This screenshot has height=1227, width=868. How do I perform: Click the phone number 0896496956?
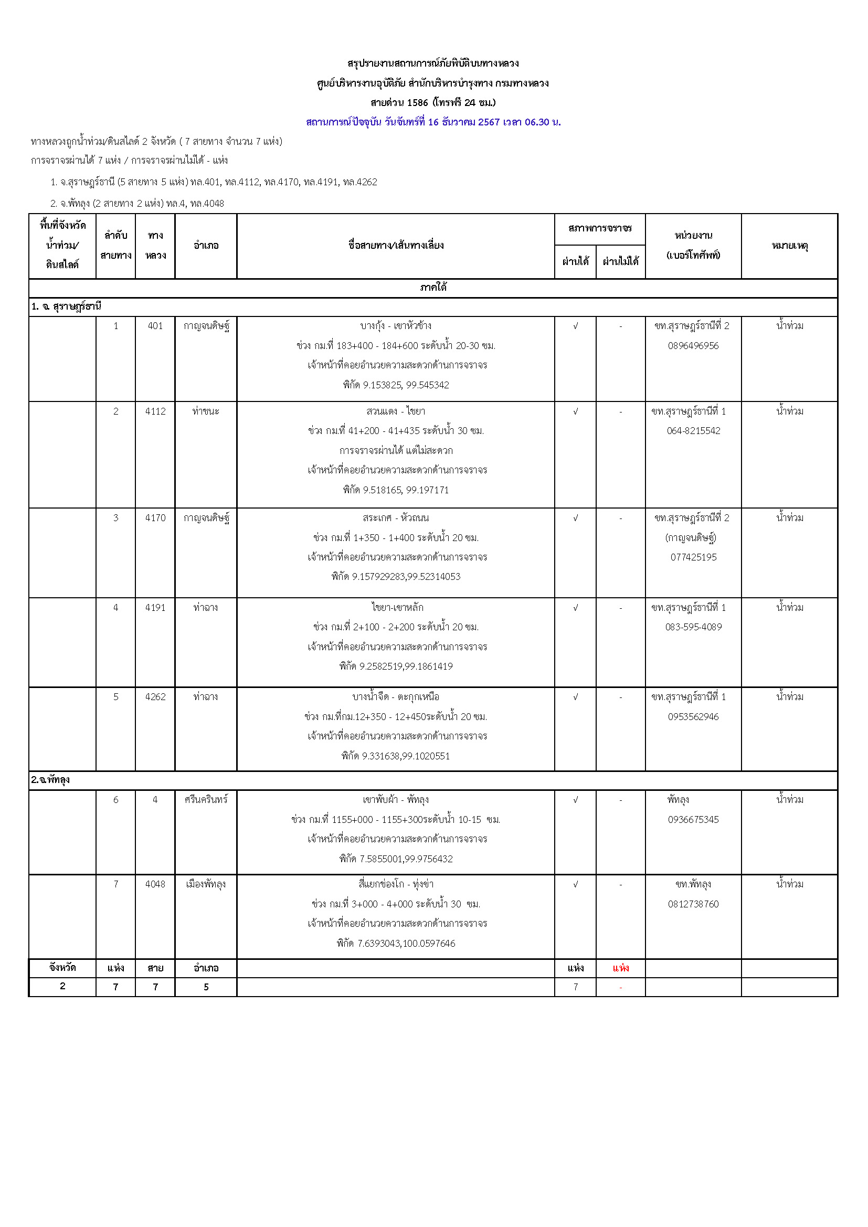point(693,346)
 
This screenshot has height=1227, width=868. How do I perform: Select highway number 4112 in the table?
point(155,411)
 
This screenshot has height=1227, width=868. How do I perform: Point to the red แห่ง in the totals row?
point(620,968)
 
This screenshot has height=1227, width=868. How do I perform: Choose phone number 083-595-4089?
point(693,627)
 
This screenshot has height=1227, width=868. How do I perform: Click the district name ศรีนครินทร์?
point(206,799)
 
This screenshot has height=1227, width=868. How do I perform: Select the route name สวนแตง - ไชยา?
point(396,411)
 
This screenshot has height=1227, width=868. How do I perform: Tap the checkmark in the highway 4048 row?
point(575,884)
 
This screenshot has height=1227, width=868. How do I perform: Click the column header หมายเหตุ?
point(789,246)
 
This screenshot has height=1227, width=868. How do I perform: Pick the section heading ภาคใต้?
point(433,288)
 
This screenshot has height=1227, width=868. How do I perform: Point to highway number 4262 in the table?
point(155,697)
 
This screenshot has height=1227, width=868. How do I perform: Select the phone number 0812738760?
point(693,904)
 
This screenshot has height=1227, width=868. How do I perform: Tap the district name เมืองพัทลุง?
point(206,884)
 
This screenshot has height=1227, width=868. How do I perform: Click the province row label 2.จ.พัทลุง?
point(50,780)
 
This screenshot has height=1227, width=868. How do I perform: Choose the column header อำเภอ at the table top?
point(206,246)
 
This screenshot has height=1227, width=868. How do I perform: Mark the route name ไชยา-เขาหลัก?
point(397,608)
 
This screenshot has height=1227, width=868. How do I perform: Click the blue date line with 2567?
point(433,122)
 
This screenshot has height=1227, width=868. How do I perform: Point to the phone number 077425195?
point(693,557)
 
